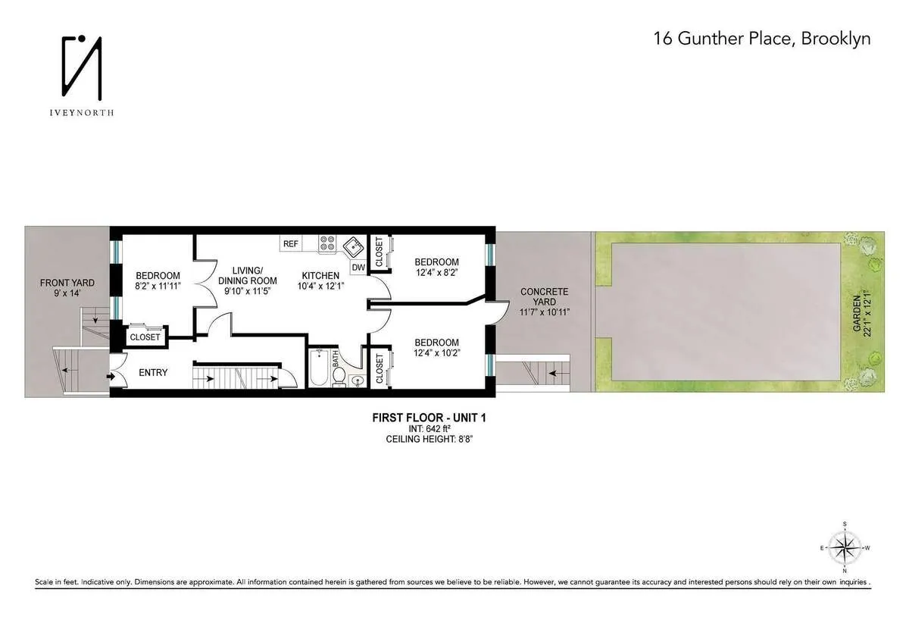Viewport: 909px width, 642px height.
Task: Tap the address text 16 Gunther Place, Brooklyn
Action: pos(762,39)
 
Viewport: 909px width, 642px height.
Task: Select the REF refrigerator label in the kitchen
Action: pos(291,243)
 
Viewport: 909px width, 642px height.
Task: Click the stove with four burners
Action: pos(328,243)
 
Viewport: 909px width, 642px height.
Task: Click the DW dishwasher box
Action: pos(358,267)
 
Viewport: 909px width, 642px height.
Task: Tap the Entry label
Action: pos(153,372)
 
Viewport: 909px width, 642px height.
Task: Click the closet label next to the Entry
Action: pos(145,337)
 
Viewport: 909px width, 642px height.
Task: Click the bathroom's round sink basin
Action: pos(358,380)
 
